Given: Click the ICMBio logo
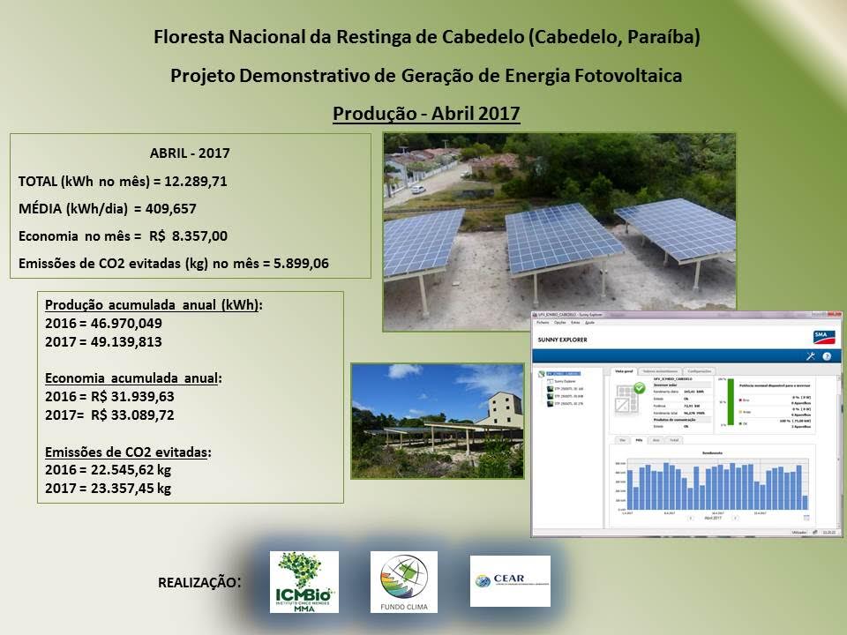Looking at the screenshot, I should [x=303, y=582].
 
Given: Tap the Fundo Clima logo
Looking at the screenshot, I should [x=403, y=582].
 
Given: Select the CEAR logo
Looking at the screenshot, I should [x=510, y=580].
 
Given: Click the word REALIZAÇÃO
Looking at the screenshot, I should [x=197, y=583].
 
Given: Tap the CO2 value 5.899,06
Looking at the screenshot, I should [x=310, y=263].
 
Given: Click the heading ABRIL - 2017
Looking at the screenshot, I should [x=190, y=153].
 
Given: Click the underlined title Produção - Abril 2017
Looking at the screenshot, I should [x=426, y=114].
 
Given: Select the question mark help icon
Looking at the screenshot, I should [x=827, y=356].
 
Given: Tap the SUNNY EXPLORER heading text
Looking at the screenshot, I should [x=562, y=340].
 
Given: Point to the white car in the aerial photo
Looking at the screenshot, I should [x=419, y=188].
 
